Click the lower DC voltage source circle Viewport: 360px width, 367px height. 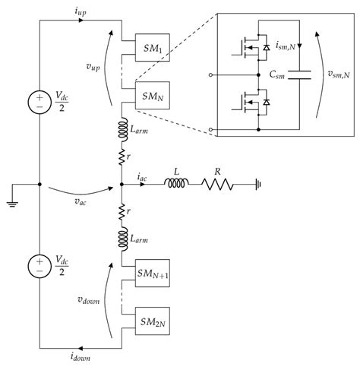point(39,266)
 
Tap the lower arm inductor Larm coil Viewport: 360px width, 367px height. point(122,237)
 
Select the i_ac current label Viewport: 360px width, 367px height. point(142,176)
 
